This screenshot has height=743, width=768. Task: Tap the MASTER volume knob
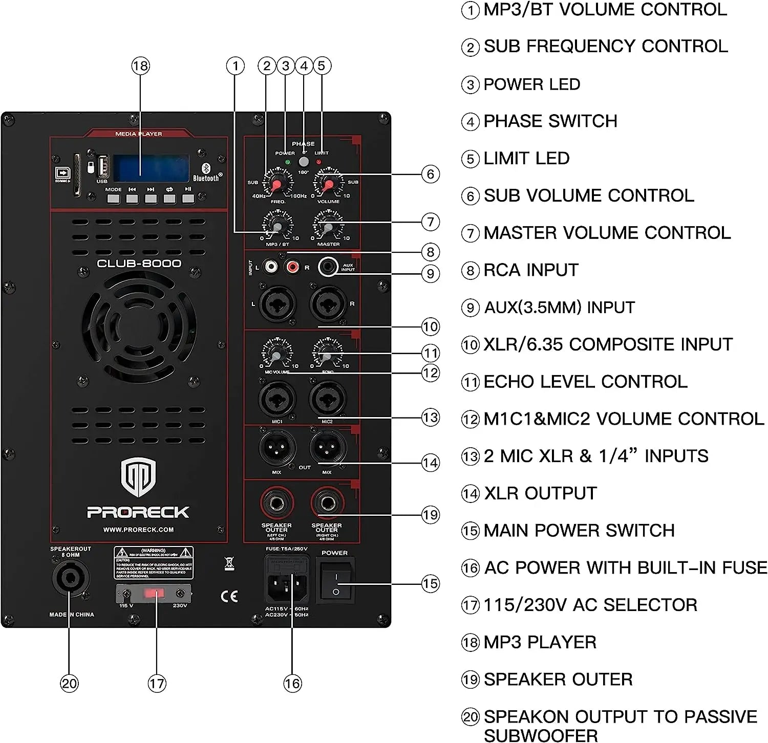click(x=328, y=227)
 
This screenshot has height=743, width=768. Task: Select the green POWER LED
click(x=287, y=162)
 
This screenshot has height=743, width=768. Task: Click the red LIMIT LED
click(x=319, y=162)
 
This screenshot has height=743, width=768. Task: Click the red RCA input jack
click(x=292, y=267)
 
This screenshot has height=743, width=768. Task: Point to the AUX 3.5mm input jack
click(x=328, y=267)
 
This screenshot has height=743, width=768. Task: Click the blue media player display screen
click(x=151, y=168)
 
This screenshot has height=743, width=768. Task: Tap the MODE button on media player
click(x=113, y=199)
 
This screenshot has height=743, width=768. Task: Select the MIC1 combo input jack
click(x=277, y=400)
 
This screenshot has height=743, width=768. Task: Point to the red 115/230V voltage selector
click(x=154, y=594)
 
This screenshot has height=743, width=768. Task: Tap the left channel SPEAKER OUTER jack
click(x=277, y=503)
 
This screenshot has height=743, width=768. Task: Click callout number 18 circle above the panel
click(x=140, y=65)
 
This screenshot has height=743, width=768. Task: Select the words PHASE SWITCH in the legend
click(x=550, y=121)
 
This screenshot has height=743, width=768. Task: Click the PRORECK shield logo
click(x=138, y=477)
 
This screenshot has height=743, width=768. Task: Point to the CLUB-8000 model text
click(x=139, y=264)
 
